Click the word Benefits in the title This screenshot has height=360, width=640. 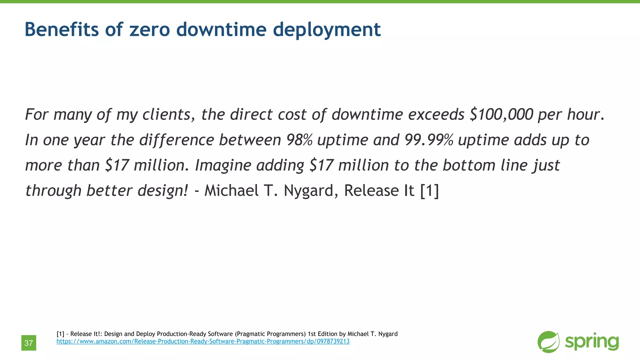62,29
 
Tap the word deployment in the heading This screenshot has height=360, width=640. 327,30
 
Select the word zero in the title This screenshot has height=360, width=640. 149,30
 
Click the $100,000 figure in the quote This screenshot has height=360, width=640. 501,114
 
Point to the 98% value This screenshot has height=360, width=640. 299,140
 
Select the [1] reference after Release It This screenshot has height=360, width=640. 430,191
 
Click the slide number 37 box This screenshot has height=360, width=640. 29,343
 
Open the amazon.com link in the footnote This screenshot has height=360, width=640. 203,342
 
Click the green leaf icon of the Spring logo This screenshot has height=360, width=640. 548,342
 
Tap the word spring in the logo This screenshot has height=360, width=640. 592,342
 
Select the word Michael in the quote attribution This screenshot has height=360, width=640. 231,191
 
